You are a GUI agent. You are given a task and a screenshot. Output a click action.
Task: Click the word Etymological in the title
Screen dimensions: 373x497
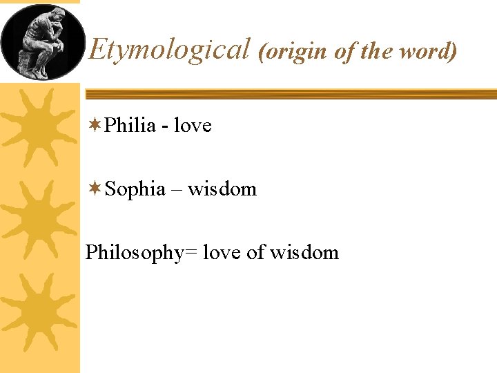169,50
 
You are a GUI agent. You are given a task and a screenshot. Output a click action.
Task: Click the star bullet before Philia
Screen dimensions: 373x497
95,125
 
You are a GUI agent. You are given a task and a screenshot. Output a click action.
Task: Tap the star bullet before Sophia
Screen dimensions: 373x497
95,189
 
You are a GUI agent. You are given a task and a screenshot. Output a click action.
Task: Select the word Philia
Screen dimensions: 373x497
131,125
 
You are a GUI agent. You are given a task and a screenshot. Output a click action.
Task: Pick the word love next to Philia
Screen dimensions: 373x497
193,125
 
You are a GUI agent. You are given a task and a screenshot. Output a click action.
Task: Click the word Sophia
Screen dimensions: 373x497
136,189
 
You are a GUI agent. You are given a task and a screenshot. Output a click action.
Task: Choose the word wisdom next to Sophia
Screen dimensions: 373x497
222,189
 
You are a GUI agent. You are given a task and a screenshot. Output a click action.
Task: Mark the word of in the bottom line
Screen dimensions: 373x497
255,252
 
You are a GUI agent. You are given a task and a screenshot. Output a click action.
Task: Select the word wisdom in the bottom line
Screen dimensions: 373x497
304,252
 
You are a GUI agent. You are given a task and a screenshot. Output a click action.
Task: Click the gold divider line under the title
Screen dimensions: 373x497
290,94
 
